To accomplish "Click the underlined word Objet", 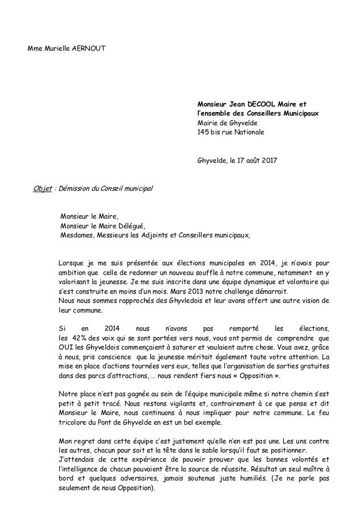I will tap(43, 188).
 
